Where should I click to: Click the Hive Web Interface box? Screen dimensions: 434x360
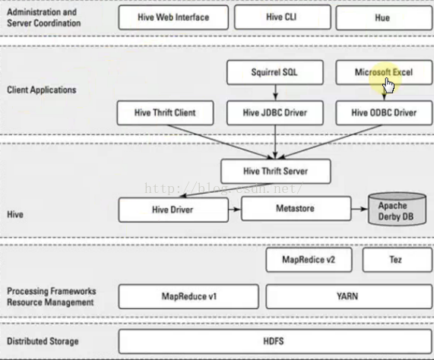(x=173, y=17)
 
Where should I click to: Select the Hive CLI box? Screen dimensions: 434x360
(x=282, y=17)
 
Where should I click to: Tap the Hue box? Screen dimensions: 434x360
(x=384, y=17)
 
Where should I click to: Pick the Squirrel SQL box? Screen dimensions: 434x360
(x=275, y=72)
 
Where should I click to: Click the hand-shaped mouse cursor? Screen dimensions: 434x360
(x=389, y=86)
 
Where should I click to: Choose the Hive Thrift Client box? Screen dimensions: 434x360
(x=165, y=113)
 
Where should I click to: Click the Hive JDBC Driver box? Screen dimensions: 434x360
(x=275, y=113)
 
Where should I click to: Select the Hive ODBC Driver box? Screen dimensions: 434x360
(x=384, y=113)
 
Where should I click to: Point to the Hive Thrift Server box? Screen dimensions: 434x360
(x=276, y=171)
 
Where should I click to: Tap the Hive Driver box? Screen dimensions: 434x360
(x=173, y=210)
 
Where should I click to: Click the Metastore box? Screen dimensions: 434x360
(x=296, y=208)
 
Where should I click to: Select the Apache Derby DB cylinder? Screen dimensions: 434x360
(x=397, y=210)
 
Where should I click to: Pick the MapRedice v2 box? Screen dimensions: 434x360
(x=309, y=260)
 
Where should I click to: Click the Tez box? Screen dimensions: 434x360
(x=398, y=260)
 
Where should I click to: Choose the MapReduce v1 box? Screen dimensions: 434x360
(x=188, y=297)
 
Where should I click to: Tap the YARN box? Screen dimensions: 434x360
(x=349, y=297)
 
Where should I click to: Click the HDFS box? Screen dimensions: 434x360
(x=275, y=342)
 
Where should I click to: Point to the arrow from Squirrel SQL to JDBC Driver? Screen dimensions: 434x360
(x=275, y=93)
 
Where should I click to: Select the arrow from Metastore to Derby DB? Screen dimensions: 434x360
(x=360, y=209)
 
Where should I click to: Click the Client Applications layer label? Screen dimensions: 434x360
(x=42, y=90)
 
